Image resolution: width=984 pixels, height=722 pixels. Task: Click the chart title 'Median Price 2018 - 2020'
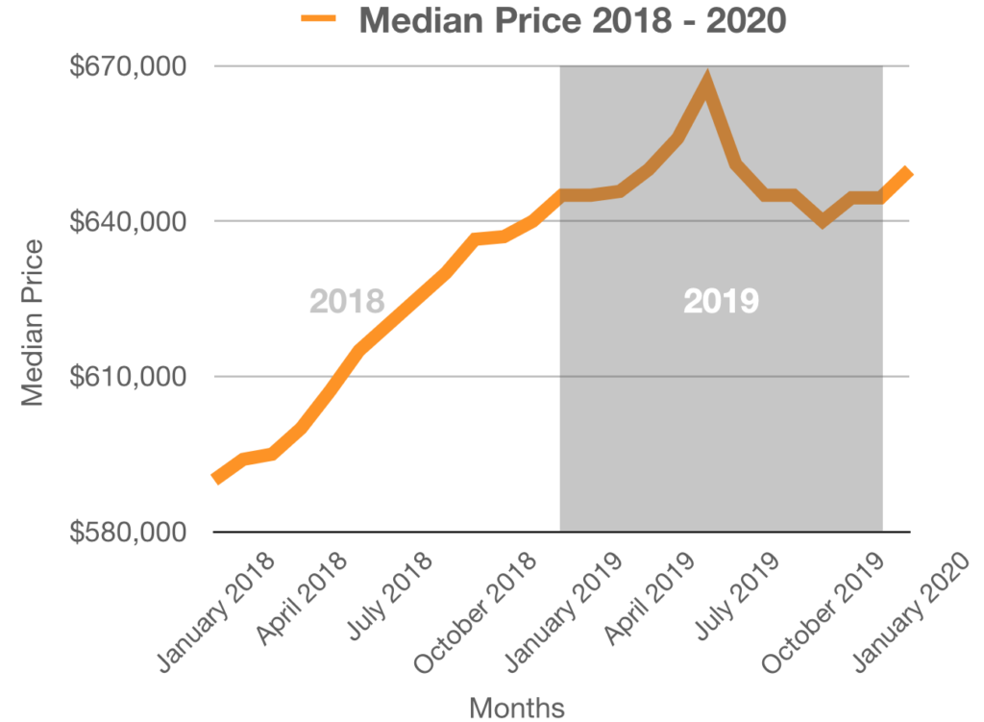tap(572, 21)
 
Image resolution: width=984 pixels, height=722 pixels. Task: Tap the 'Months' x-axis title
tap(517, 708)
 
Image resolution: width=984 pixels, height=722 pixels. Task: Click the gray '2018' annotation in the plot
tap(347, 301)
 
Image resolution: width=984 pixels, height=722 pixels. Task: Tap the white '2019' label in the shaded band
tap(721, 301)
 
